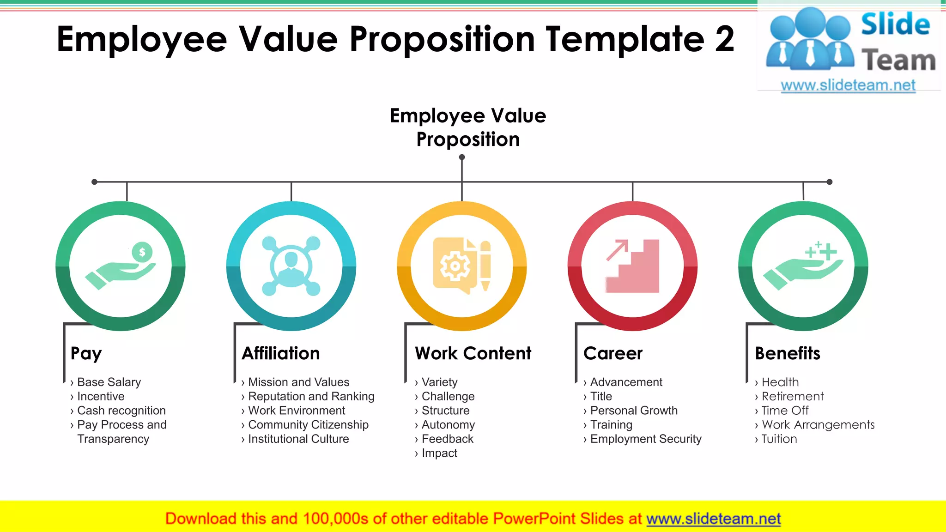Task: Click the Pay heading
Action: (86, 354)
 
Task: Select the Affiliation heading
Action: (281, 353)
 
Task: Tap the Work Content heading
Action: (473, 353)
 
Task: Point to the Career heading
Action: (613, 353)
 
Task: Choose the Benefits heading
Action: (788, 353)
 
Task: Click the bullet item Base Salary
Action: (109, 382)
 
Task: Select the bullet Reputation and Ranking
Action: (311, 396)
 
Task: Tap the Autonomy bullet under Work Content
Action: (448, 425)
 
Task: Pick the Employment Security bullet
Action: (645, 439)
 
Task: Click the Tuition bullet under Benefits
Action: (779, 439)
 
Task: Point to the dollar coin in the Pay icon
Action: (142, 252)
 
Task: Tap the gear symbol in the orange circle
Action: (455, 266)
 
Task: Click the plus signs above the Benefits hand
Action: (821, 250)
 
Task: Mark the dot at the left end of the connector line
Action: (94, 182)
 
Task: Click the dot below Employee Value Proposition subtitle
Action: (462, 157)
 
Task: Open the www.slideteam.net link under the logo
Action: (848, 85)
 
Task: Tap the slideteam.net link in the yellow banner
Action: (713, 519)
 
